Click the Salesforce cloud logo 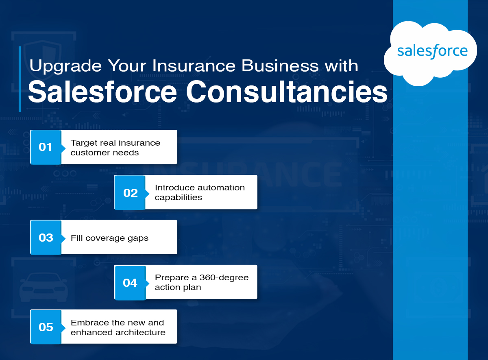(430, 53)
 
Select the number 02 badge (130, 193)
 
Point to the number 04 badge (130, 283)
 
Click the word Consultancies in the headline (286, 92)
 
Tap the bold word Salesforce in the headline (102, 92)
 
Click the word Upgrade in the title (65, 66)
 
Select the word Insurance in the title (194, 65)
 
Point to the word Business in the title (280, 65)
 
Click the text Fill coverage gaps (109, 238)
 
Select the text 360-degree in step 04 (224, 278)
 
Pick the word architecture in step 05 (140, 332)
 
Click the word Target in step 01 (84, 143)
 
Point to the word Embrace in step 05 (89, 323)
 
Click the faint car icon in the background (44, 287)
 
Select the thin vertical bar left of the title (20, 79)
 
